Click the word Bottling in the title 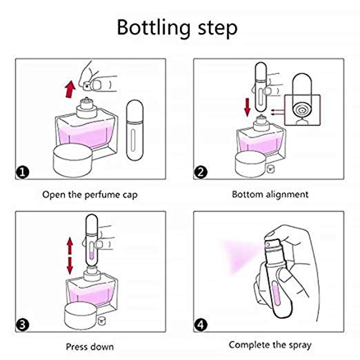(154, 28)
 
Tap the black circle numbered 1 (23, 172)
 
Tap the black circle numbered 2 (201, 172)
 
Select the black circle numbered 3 (23, 325)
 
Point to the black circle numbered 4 (201, 325)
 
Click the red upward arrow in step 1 (70, 89)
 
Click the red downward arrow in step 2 (248, 107)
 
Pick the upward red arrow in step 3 (70, 246)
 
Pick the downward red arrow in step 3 (70, 266)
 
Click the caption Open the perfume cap (90, 195)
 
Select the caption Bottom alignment (270, 194)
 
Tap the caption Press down (90, 347)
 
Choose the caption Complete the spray (270, 345)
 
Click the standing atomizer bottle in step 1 (135, 130)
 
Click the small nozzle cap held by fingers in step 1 (87, 86)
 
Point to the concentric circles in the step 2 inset (302, 110)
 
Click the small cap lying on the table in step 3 (101, 320)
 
